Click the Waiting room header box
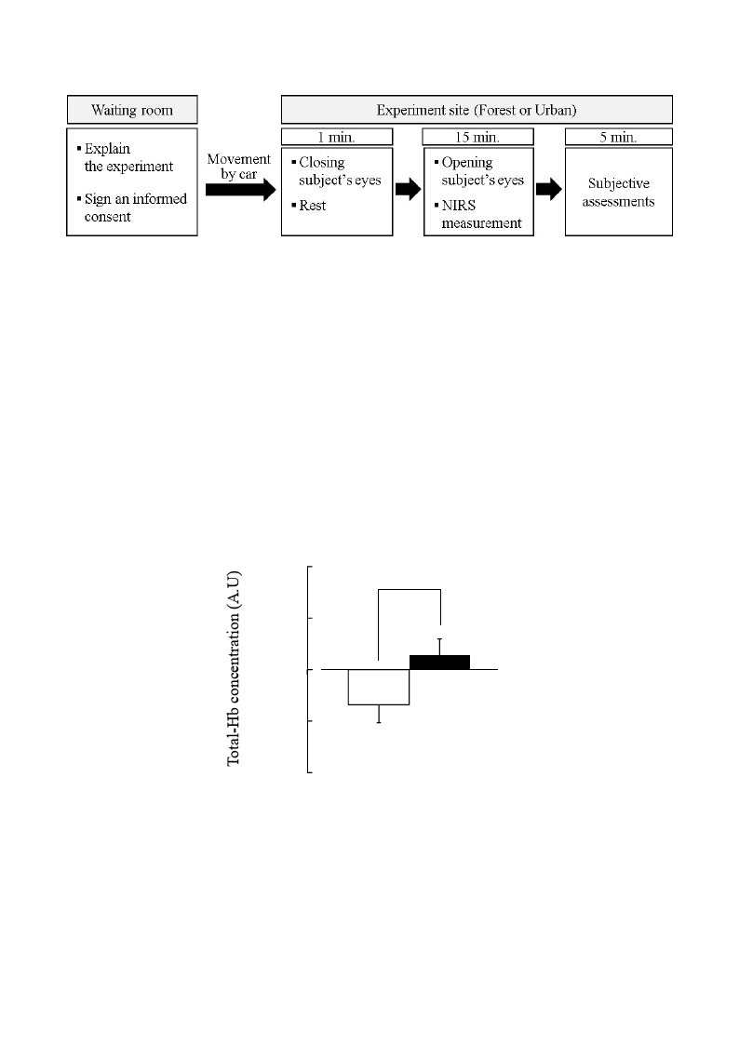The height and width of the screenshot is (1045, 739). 132,110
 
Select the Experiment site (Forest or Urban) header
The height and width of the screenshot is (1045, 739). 477,110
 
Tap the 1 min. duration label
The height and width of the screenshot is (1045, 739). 337,138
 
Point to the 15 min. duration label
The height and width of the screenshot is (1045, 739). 477,138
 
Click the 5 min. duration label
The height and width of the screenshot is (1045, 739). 618,138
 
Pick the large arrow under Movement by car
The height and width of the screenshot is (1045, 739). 240,189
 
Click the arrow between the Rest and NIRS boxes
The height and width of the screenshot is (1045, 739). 408,189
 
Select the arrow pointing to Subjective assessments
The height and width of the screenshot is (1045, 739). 549,189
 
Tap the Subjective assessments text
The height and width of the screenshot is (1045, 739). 618,192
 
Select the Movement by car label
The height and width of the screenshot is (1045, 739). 238,166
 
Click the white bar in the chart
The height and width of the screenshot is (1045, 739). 379,687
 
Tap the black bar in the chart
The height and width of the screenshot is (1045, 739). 440,663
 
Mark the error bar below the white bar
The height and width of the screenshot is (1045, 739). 379,714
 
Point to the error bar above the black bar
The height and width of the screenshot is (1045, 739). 440,647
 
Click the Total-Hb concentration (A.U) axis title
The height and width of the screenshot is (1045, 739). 234,668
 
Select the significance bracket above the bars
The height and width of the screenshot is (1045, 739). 410,589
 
